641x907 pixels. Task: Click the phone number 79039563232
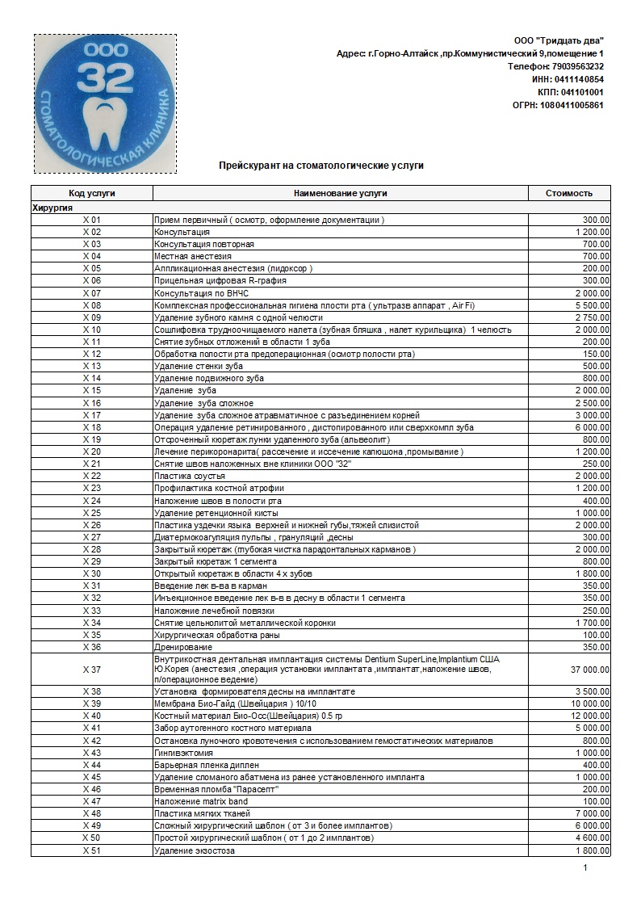coord(576,66)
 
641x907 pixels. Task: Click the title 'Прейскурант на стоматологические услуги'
coord(320,166)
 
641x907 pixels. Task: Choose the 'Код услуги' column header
coord(92,193)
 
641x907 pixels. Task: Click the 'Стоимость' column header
coord(569,193)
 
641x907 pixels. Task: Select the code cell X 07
coord(92,293)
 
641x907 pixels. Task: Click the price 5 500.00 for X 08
coord(593,305)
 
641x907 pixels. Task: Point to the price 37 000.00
coord(590,670)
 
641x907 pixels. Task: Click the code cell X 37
coord(92,670)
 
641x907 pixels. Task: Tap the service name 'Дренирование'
coord(183,647)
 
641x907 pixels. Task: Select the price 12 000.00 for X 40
coord(590,716)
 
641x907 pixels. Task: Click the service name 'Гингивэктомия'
coord(186,753)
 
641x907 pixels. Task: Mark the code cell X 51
coord(92,850)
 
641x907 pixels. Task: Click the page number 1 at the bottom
coord(585,868)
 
